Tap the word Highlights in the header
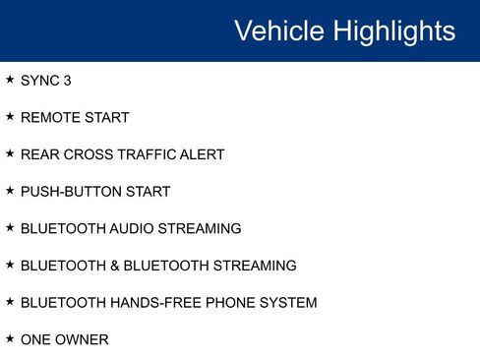394,30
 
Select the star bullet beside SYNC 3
10,80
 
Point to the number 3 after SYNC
67,81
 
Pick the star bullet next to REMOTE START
10,116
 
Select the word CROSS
89,154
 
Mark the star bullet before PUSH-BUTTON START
10,190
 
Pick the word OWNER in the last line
83,339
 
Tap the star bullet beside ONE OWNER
10,337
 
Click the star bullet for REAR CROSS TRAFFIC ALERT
10,153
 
